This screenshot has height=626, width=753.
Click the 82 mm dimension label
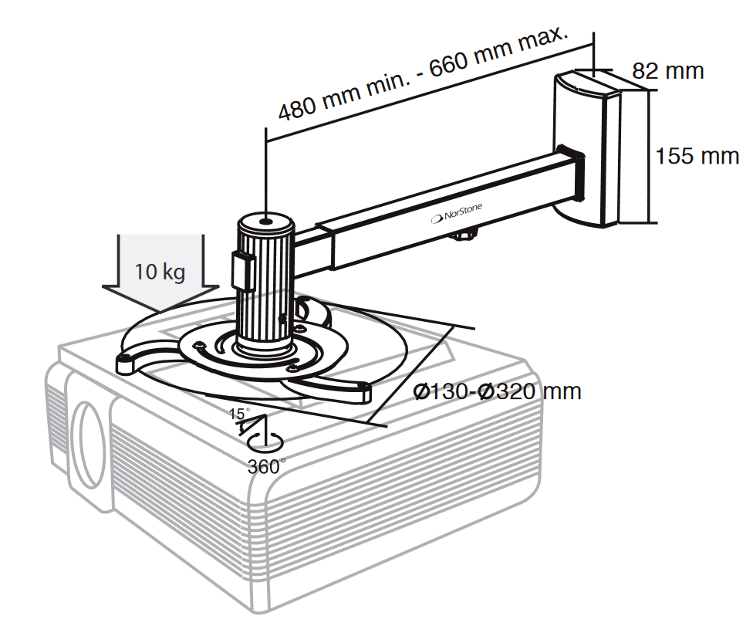click(x=668, y=71)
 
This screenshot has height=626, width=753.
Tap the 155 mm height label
click(x=697, y=156)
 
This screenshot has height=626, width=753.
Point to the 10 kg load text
click(x=160, y=272)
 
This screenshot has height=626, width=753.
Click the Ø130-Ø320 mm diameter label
click(x=497, y=391)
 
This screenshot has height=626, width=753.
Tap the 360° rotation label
click(x=267, y=465)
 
